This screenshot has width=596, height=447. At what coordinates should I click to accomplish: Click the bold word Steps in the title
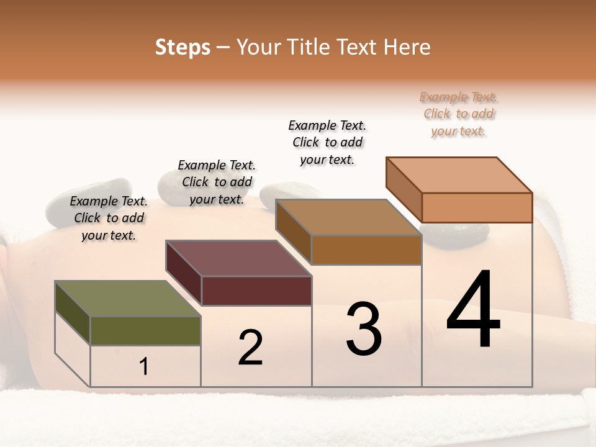183,47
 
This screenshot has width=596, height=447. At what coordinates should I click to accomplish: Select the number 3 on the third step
364,328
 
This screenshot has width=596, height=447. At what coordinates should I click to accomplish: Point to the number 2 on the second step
250,347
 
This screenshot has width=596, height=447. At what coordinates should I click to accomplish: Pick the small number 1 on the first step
144,366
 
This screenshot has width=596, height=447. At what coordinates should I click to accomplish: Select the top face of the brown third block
348,217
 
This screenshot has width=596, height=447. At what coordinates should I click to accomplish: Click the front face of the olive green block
145,330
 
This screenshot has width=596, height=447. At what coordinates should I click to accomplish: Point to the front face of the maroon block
256,291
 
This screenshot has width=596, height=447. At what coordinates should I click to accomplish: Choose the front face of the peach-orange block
477,207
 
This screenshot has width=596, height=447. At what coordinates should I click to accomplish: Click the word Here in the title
407,47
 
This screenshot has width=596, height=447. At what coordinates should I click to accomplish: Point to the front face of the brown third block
366,250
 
